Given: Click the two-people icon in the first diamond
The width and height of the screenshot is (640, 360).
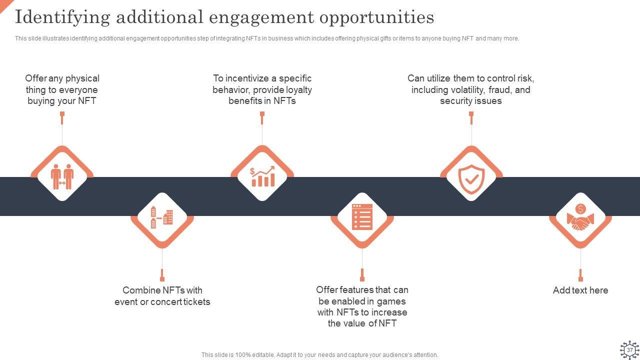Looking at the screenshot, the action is click(x=62, y=176).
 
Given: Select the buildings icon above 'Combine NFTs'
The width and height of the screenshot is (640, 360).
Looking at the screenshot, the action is click(x=162, y=217).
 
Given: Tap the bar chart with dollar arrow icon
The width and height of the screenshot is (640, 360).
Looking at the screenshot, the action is click(x=262, y=176).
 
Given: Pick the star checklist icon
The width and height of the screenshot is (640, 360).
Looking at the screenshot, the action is click(x=362, y=217).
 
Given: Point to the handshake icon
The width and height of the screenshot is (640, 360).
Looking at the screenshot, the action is click(x=580, y=218).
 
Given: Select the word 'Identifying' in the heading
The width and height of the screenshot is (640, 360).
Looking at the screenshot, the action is click(x=62, y=17).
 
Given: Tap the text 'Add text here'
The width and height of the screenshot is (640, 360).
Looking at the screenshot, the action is click(x=580, y=290).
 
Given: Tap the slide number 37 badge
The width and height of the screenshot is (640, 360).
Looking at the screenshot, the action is click(x=629, y=350).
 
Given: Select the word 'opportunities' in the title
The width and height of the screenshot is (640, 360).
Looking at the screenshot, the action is click(x=376, y=17).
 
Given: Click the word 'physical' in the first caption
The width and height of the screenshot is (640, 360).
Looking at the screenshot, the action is click(x=82, y=78).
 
